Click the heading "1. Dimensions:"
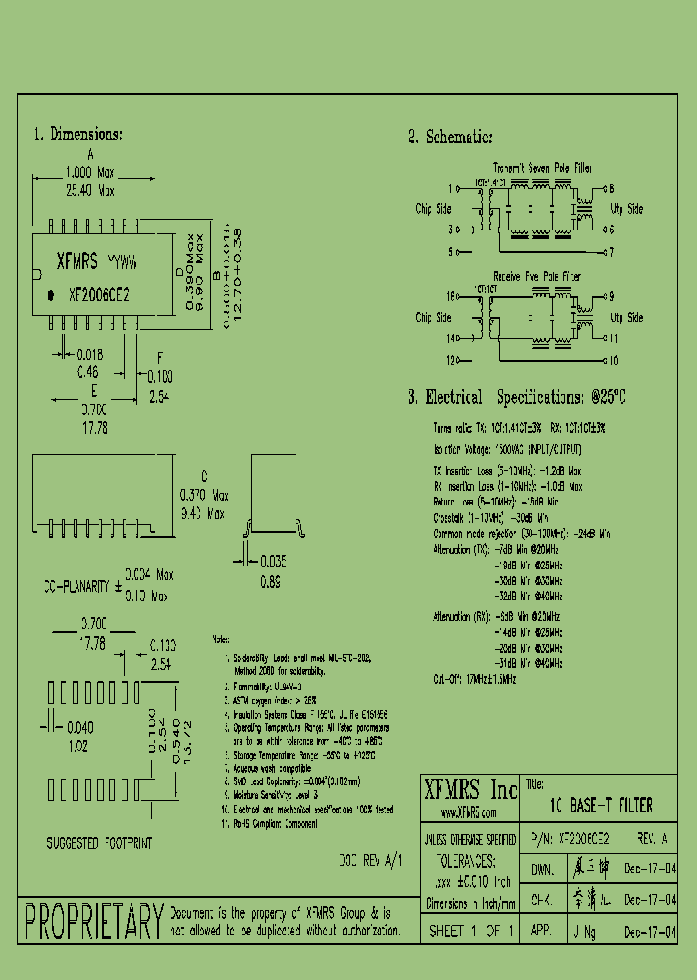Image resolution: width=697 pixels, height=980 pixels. tap(77, 135)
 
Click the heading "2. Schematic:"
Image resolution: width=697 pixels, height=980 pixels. tap(449, 138)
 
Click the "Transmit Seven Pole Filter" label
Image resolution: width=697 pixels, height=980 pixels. tap(541, 168)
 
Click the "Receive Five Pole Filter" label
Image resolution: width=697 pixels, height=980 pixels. tap(537, 277)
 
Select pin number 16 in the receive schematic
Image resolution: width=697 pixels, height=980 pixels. tap(449, 296)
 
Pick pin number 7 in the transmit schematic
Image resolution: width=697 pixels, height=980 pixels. tap(610, 252)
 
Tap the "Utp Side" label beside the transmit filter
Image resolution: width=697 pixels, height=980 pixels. tap(625, 209)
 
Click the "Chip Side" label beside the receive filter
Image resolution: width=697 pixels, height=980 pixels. tap(434, 318)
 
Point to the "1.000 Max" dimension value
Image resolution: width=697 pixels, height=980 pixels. tap(89, 173)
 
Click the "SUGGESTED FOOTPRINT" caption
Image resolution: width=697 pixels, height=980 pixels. tap(100, 843)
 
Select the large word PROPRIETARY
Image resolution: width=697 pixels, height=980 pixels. tap(94, 922)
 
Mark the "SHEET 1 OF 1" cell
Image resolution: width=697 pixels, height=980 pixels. tap(470, 931)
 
